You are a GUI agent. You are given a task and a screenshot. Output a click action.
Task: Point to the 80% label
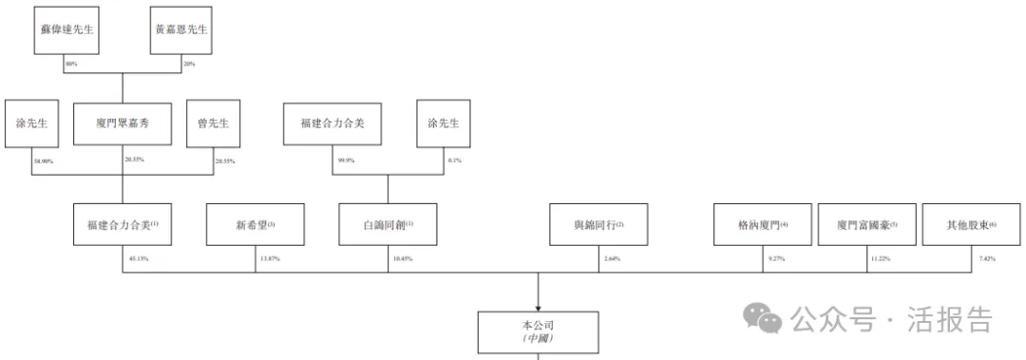coord(70,64)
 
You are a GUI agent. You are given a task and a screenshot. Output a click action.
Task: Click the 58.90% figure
coord(42,161)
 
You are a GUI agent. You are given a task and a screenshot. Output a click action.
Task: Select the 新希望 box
coord(256,226)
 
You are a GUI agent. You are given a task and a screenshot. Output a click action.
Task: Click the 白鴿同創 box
coord(389,226)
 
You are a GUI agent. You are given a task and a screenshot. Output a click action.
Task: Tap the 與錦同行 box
coord(598,226)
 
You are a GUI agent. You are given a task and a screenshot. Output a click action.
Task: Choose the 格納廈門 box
coord(763,226)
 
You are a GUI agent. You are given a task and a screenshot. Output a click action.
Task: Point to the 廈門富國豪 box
coord(866,226)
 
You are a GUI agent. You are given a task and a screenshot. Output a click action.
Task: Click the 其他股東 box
coord(970,226)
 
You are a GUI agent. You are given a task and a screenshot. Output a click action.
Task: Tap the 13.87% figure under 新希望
coord(269,258)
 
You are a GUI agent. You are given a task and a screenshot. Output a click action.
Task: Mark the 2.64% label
coord(610,258)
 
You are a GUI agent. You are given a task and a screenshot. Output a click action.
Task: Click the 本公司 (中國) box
coord(538,331)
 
